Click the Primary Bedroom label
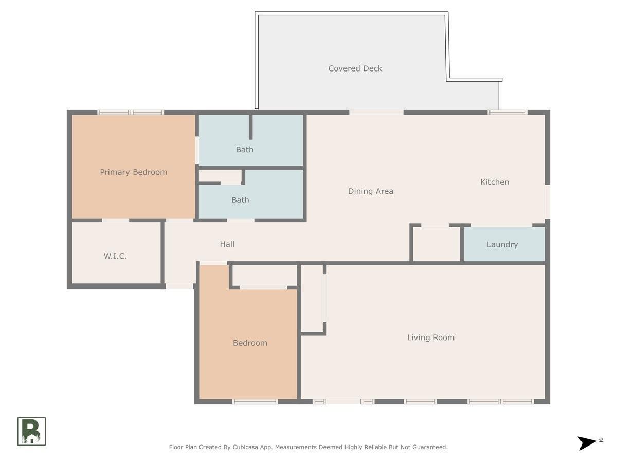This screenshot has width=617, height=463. [134, 172]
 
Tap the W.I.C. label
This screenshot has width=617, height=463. [115, 256]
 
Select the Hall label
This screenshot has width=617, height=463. [227, 244]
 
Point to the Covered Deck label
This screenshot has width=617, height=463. [355, 68]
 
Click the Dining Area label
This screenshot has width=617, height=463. [371, 191]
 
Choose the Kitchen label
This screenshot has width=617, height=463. [495, 182]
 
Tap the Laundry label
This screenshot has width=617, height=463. [502, 244]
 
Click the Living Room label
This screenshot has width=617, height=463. [431, 337]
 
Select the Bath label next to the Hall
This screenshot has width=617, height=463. [240, 200]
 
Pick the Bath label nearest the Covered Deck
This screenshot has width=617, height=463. [245, 150]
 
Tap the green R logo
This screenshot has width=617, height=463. [31, 431]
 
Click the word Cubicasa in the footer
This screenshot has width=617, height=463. [245, 447]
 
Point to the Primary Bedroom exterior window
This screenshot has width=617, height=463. [131, 112]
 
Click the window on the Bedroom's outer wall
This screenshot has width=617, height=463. [255, 401]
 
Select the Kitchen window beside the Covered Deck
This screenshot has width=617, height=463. [507, 112]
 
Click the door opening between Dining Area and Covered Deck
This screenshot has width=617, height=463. [376, 112]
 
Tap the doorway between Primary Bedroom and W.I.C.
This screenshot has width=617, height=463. [116, 220]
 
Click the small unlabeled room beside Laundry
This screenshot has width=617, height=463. [437, 244]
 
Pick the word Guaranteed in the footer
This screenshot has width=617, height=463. [429, 447]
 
